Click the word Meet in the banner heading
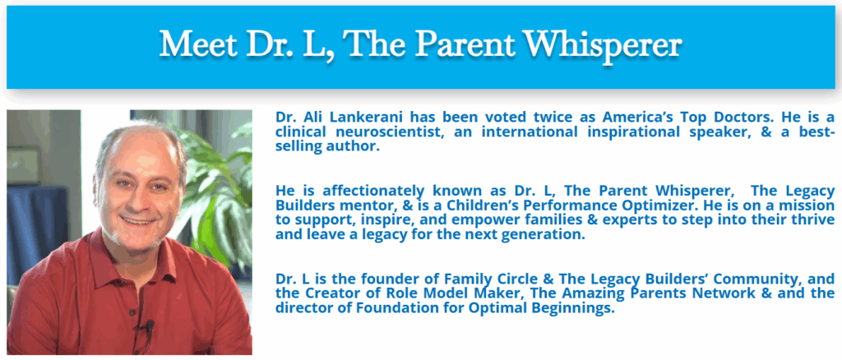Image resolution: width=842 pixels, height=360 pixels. pos(197,44)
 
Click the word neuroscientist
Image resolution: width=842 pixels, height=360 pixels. pos(388,132)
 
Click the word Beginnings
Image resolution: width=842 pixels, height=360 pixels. pos(575,308)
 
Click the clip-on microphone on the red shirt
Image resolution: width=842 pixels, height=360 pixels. pos(150,326)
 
